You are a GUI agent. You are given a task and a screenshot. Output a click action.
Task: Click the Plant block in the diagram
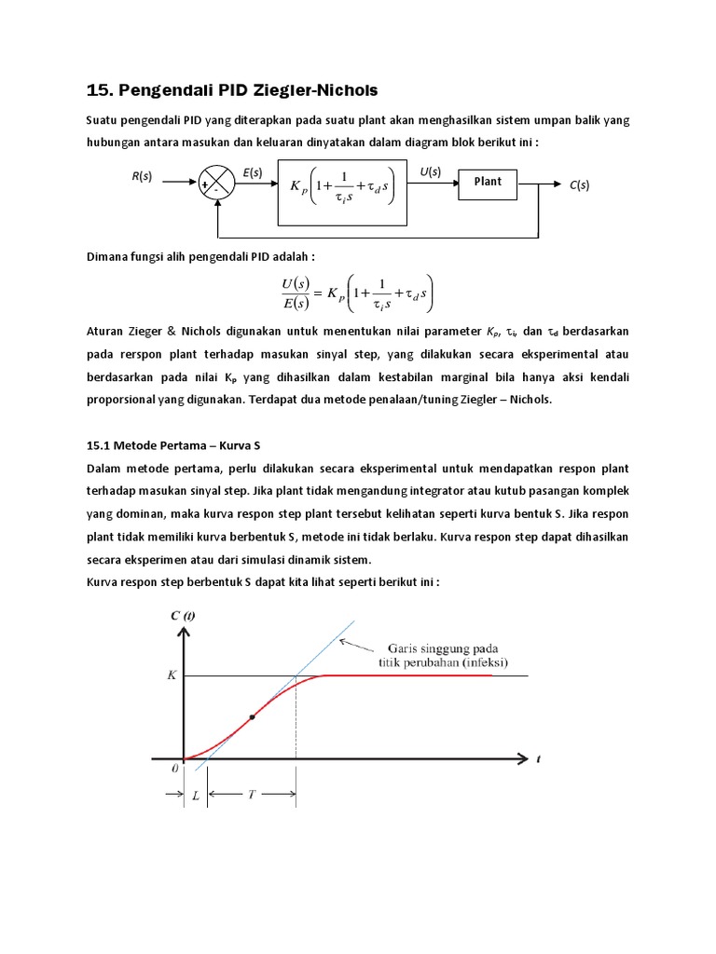[488, 183]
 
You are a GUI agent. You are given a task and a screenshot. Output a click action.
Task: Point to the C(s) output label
[579, 185]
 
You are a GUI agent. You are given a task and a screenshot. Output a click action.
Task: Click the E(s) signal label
[253, 172]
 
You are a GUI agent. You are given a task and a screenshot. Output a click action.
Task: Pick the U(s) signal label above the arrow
[431, 171]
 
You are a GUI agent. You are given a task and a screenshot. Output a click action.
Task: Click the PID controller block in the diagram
[343, 192]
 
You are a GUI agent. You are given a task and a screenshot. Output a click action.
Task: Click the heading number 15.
[98, 90]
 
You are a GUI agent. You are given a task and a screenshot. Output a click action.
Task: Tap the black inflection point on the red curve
[252, 717]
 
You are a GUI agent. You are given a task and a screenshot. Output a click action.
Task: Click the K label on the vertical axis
[172, 675]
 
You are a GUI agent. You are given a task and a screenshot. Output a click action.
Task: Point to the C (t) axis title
[184, 615]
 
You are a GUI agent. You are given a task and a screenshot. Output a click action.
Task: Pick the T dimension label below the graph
[252, 795]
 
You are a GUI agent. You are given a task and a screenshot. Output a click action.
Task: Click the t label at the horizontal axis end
[539, 759]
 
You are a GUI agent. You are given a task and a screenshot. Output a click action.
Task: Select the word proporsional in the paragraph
[122, 400]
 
